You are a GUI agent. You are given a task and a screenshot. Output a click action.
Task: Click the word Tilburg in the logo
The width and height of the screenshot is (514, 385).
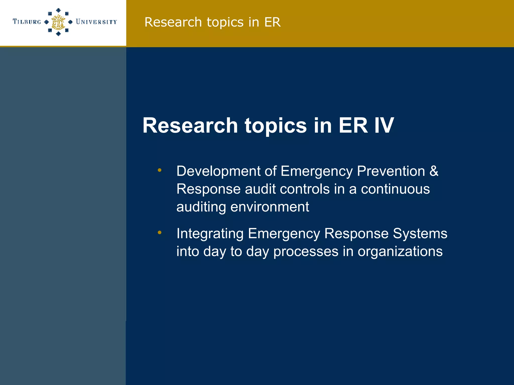click(27, 22)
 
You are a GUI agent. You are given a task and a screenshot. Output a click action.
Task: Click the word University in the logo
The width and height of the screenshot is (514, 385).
click(96, 22)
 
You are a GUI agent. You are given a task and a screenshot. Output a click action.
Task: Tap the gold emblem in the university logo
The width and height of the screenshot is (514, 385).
click(58, 22)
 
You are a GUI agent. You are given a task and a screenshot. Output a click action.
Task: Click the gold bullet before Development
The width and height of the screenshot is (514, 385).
click(160, 170)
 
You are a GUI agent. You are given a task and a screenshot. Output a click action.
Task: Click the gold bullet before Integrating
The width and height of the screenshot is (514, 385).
click(160, 233)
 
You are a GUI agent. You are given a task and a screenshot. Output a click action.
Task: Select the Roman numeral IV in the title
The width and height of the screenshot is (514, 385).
click(384, 125)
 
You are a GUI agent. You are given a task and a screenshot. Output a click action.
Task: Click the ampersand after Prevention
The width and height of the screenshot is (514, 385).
click(434, 171)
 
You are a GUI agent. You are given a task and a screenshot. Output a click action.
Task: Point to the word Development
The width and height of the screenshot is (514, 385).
click(218, 171)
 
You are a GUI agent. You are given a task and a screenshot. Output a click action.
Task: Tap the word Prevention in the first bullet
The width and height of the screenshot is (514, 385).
click(391, 171)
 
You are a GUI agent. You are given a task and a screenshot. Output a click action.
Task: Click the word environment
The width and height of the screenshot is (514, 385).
click(270, 207)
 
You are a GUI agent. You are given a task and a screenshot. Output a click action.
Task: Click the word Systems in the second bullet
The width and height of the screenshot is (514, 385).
click(420, 234)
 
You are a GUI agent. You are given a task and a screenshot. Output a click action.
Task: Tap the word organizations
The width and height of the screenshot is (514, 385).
click(400, 252)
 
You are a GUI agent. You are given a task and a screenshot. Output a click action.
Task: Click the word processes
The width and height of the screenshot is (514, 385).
click(306, 252)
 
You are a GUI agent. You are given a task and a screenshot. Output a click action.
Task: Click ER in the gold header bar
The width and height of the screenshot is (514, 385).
click(272, 22)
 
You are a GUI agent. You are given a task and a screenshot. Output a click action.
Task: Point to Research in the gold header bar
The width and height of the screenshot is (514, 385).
click(173, 22)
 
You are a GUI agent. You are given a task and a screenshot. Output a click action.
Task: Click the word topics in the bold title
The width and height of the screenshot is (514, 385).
click(276, 126)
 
